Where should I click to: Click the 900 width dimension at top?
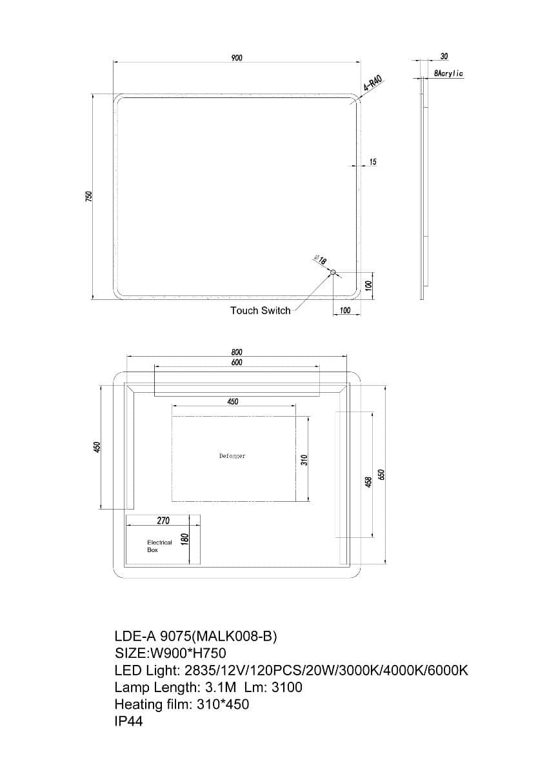tap(237, 58)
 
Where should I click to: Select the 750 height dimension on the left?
tap(90, 196)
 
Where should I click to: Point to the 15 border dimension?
tap(373, 162)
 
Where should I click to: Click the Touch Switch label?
tap(260, 311)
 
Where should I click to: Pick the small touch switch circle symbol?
tap(333, 273)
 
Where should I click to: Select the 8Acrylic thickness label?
tap(448, 74)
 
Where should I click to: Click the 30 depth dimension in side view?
tap(444, 57)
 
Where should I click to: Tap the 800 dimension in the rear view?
tap(237, 352)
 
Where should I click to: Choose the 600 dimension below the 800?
tap(237, 362)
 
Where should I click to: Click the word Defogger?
tap(232, 456)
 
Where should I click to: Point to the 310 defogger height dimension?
tap(304, 459)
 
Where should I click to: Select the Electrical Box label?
tap(159, 546)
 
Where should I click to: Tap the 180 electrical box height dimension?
tap(184, 539)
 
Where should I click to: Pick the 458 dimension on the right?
tap(368, 481)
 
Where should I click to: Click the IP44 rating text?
tap(128, 721)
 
